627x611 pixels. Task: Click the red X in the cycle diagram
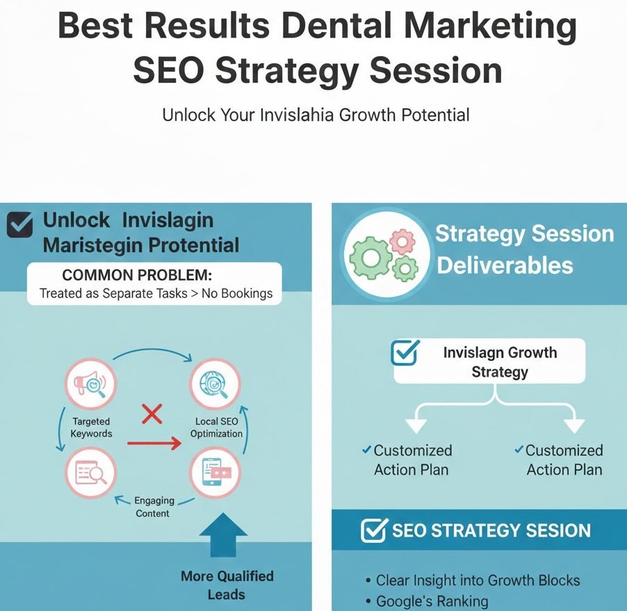152,415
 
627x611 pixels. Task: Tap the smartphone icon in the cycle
215,473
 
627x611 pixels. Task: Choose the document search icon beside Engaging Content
89,473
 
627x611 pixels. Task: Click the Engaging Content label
152,507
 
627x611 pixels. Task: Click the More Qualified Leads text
227,585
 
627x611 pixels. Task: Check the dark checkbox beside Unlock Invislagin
19,225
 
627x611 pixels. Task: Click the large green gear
371,257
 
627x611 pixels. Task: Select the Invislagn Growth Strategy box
489,362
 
